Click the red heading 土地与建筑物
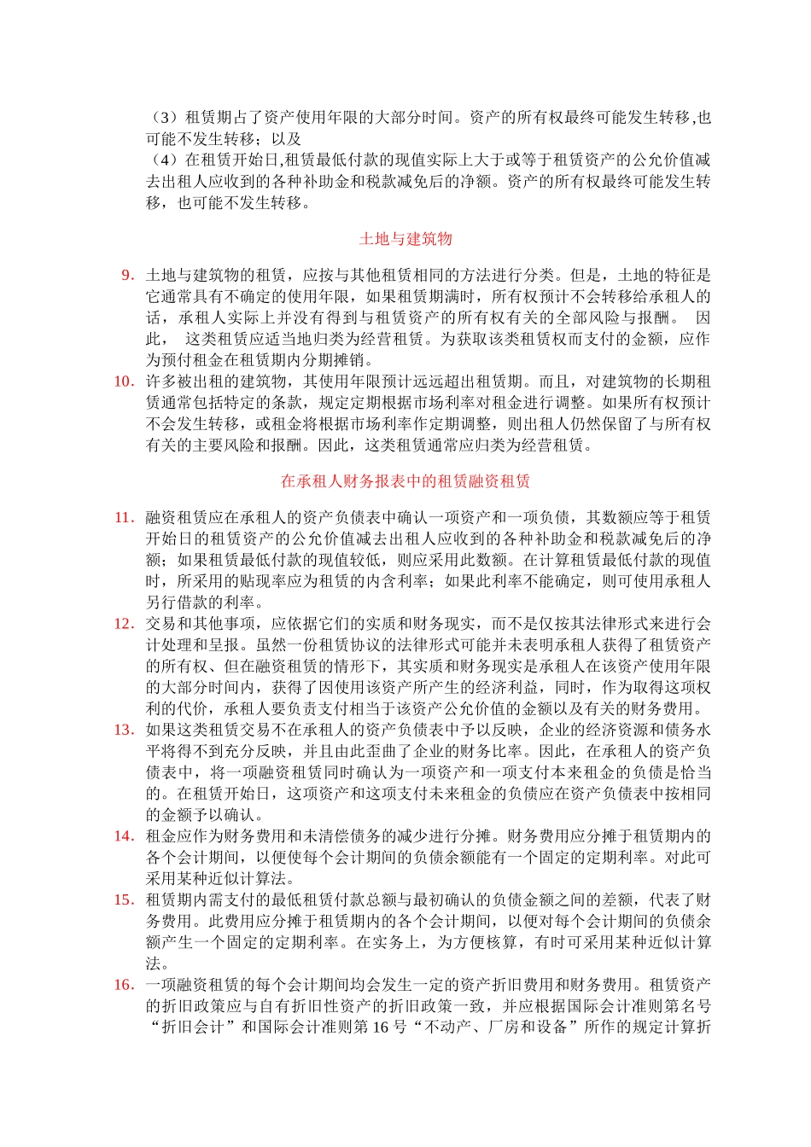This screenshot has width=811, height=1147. pyautogui.click(x=405, y=239)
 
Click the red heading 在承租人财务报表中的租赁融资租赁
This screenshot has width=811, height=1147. pyautogui.click(x=405, y=481)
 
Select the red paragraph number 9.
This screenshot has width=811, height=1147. pyautogui.click(x=127, y=275)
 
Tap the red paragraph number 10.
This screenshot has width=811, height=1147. pyautogui.click(x=124, y=381)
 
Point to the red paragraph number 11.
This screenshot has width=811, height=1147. pyautogui.click(x=124, y=517)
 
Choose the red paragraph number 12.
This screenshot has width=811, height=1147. pyautogui.click(x=124, y=624)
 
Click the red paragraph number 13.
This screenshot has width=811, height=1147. pyautogui.click(x=124, y=730)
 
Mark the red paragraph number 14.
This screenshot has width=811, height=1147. pyautogui.click(x=124, y=836)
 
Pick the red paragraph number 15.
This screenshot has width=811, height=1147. pyautogui.click(x=124, y=900)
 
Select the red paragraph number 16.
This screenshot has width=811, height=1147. pyautogui.click(x=124, y=985)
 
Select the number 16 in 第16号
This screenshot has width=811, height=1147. pyautogui.click(x=382, y=1028)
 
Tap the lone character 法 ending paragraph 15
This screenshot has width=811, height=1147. pyautogui.click(x=154, y=964)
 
